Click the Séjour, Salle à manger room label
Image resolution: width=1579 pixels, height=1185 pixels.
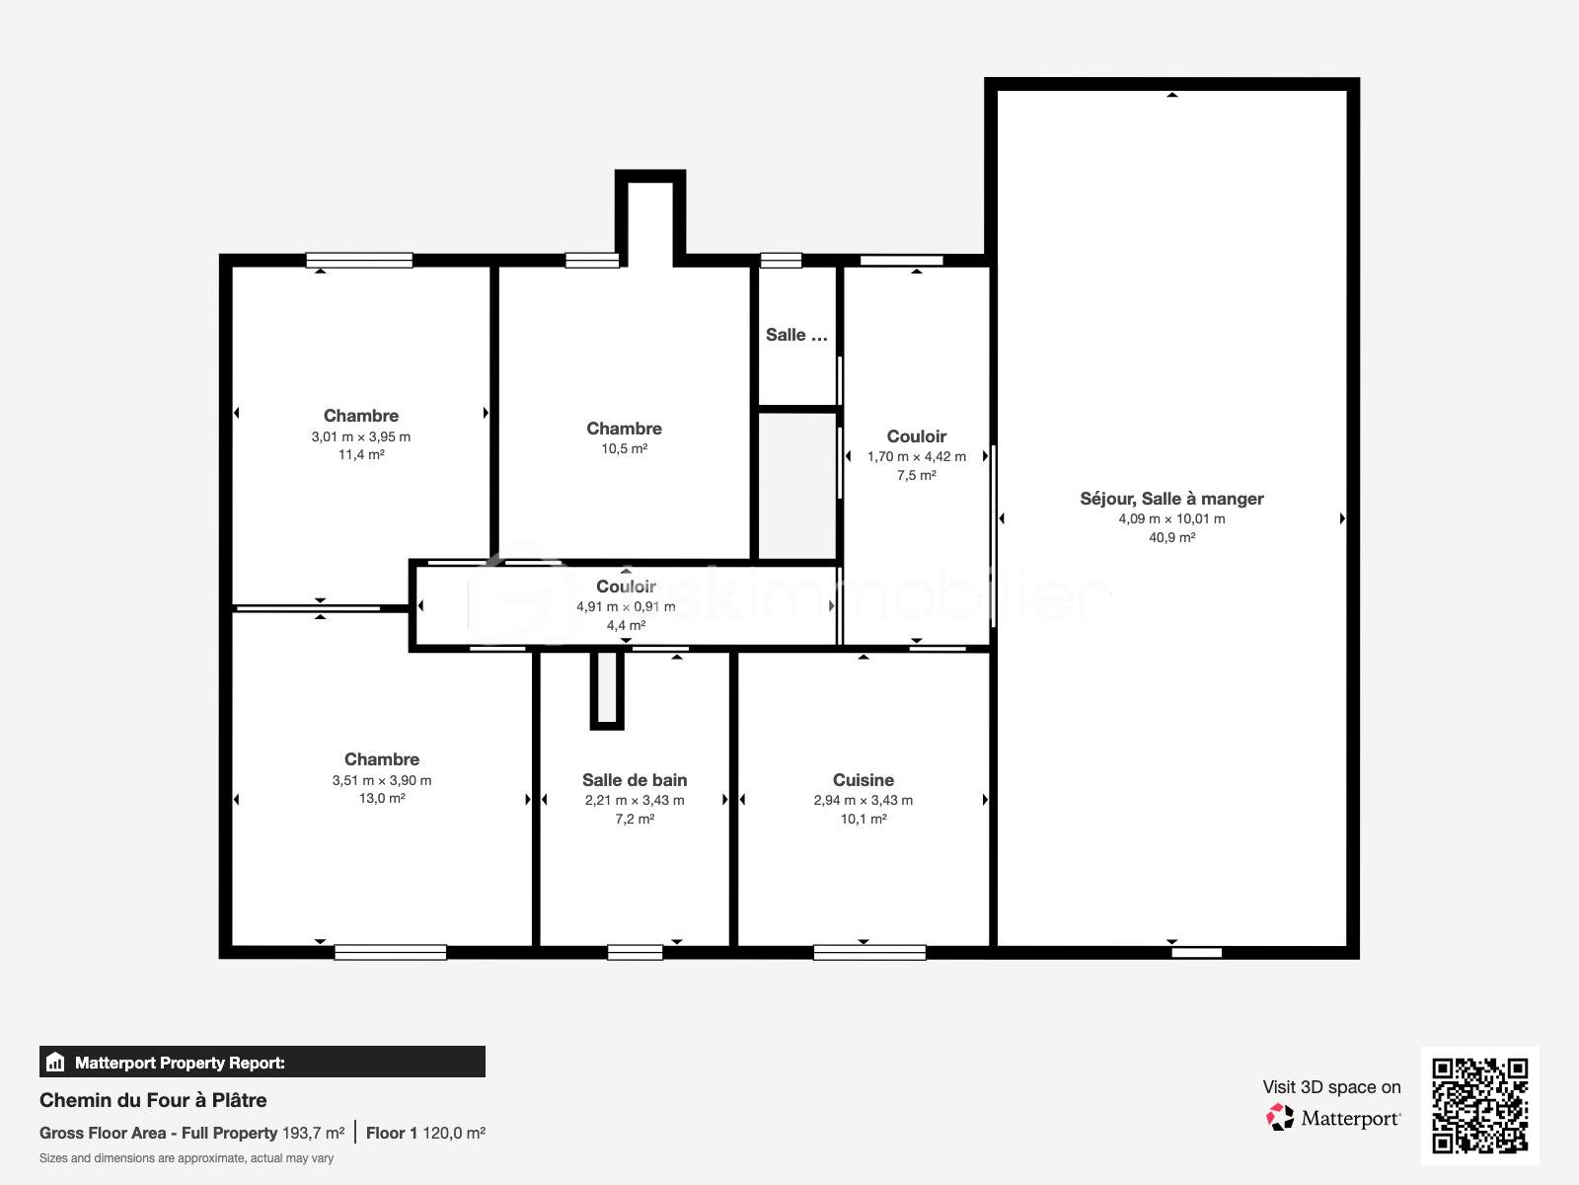click(x=1171, y=499)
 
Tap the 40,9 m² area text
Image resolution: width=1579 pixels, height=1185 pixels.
click(x=1171, y=537)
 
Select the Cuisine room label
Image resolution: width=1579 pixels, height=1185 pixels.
click(x=863, y=780)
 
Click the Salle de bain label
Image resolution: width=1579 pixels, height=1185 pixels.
click(x=635, y=780)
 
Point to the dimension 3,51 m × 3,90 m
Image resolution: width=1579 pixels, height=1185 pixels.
click(x=382, y=780)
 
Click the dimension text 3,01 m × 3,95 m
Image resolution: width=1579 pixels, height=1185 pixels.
click(x=361, y=436)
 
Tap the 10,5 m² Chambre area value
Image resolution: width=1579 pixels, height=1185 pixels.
click(x=625, y=448)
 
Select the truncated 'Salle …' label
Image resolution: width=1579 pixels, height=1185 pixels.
click(x=796, y=335)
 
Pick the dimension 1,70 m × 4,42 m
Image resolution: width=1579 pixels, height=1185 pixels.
click(x=917, y=456)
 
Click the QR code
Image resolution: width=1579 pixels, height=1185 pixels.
click(x=1479, y=1106)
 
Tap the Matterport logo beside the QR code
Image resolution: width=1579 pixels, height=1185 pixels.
click(x=1334, y=1118)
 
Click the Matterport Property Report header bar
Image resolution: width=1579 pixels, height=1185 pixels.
click(x=262, y=1063)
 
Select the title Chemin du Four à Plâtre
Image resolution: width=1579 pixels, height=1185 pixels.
click(x=153, y=1100)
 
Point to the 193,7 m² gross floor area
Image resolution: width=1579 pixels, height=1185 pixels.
click(x=313, y=1133)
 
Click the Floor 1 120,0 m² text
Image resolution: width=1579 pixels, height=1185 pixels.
click(x=425, y=1133)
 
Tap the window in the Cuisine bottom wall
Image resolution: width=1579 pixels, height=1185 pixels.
click(x=869, y=952)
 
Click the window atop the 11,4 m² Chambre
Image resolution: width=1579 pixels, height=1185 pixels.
click(x=359, y=261)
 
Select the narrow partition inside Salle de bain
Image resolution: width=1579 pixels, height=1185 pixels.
click(x=607, y=689)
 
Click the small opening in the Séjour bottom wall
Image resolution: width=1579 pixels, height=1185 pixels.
click(x=1196, y=953)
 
